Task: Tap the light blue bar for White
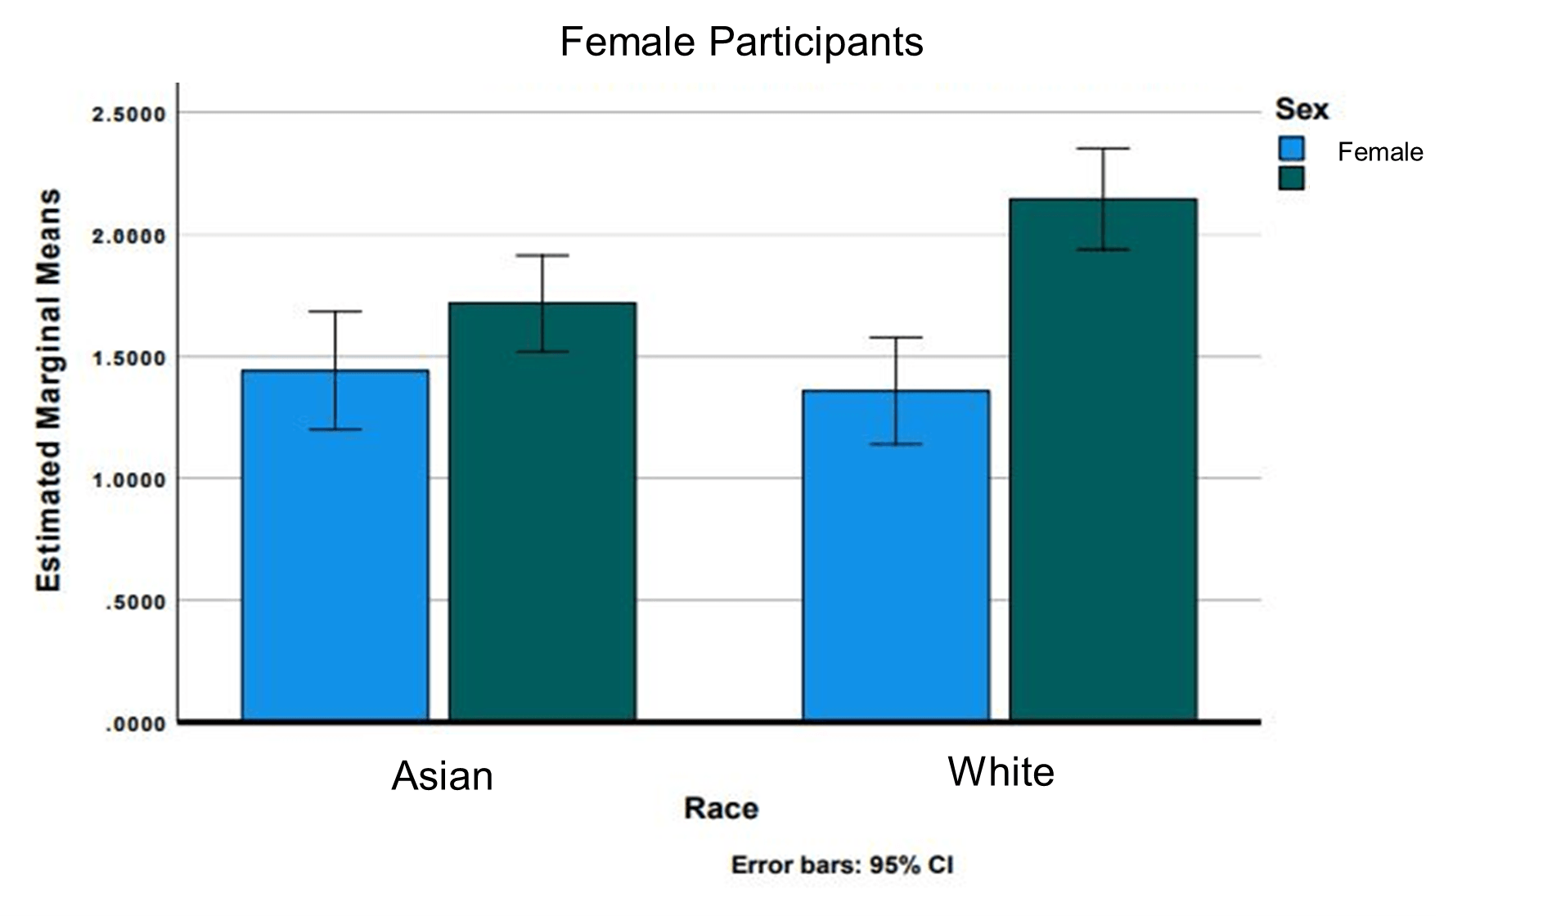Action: [x=896, y=555]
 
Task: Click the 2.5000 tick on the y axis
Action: [x=129, y=114]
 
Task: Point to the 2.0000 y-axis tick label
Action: [x=129, y=236]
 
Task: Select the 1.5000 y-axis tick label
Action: [x=129, y=358]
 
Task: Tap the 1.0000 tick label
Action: [x=129, y=480]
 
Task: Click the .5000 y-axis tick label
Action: [x=135, y=602]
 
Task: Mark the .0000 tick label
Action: [x=135, y=724]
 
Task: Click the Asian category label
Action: [x=443, y=776]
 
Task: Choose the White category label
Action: [x=1001, y=772]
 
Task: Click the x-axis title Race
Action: [x=721, y=809]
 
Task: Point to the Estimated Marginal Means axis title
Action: [x=49, y=390]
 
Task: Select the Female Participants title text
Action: [x=741, y=42]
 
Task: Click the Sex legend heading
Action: [x=1302, y=109]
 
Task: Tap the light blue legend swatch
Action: [x=1291, y=149]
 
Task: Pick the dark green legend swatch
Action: [x=1291, y=178]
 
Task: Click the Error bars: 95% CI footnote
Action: [x=842, y=865]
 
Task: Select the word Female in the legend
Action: [x=1380, y=152]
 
